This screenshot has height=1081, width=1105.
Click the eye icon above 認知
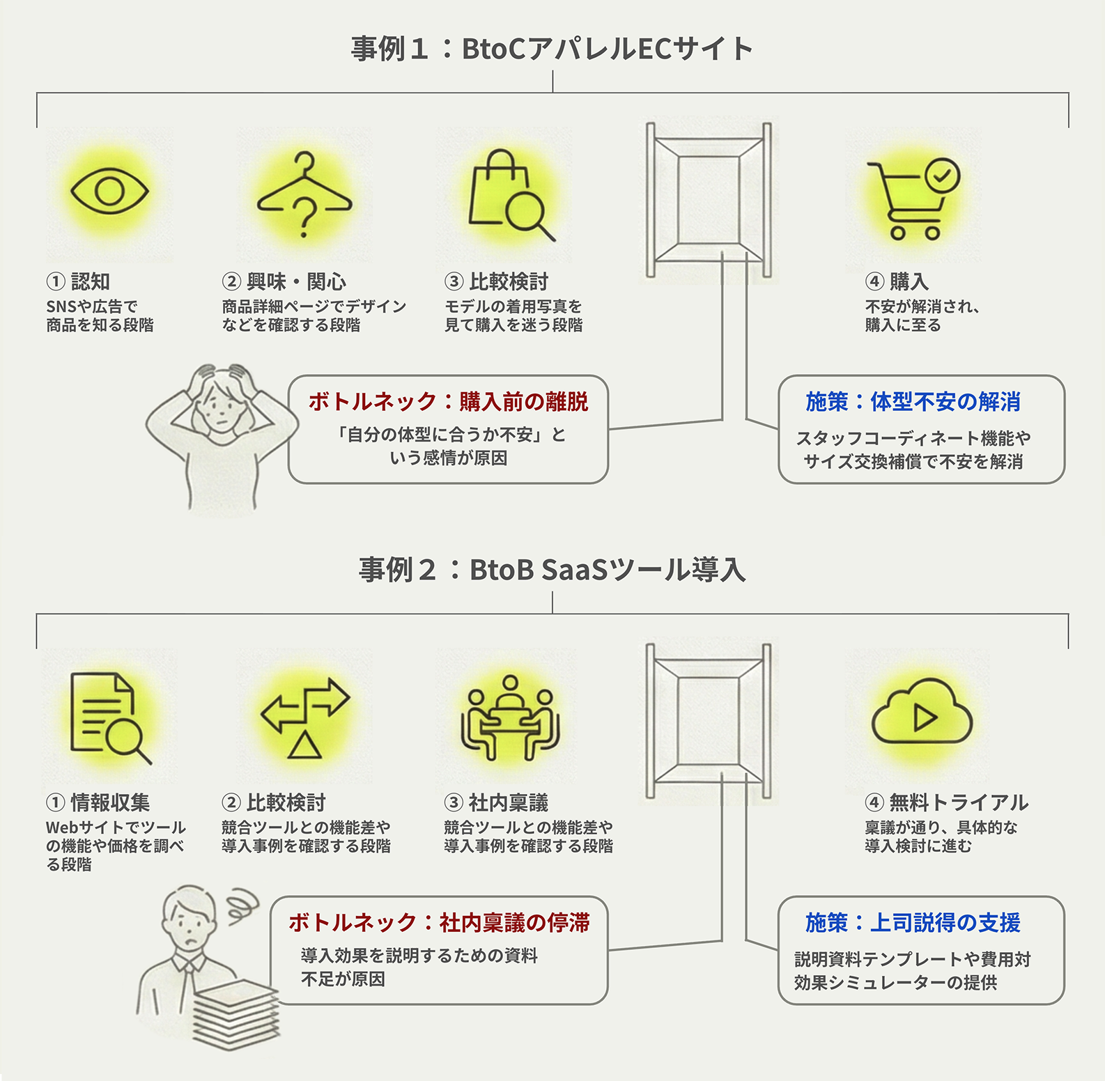tap(109, 190)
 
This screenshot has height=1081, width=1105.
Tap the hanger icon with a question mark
tap(304, 194)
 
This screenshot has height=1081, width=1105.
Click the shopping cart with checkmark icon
tap(912, 199)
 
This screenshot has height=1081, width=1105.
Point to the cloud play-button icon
tap(921, 715)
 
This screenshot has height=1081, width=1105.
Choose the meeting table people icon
tap(510, 717)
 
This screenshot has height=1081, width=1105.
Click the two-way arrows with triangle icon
tap(305, 717)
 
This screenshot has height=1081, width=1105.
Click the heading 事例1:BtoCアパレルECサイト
tap(552, 49)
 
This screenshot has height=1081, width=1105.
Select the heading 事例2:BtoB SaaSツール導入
tap(552, 570)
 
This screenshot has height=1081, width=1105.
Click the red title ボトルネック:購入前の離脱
tap(448, 402)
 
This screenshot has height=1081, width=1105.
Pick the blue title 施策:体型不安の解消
tap(913, 402)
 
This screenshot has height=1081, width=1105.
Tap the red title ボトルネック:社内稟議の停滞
tap(439, 923)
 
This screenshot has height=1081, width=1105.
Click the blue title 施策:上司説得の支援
tap(913, 923)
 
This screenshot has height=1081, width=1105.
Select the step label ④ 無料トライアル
tap(946, 802)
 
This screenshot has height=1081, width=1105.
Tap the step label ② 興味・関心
tap(284, 281)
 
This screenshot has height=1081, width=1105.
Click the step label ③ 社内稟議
tap(496, 802)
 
